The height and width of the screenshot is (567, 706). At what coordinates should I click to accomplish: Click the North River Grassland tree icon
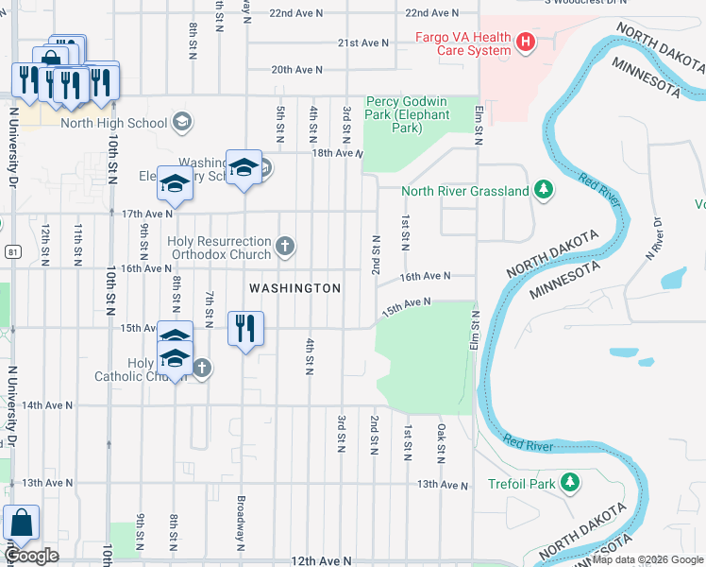(x=543, y=190)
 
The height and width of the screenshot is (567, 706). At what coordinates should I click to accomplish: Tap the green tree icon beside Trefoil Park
(x=569, y=483)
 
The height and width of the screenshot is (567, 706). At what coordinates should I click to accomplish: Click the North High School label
(x=114, y=123)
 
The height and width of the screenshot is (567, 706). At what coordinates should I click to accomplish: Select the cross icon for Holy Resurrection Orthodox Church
(x=285, y=248)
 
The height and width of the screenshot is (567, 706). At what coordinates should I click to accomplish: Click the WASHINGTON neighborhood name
(x=294, y=287)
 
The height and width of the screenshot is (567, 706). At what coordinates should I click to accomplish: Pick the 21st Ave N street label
(x=363, y=43)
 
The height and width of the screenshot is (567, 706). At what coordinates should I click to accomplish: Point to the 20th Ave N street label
(x=297, y=70)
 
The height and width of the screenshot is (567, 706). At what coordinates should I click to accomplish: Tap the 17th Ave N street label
(x=147, y=214)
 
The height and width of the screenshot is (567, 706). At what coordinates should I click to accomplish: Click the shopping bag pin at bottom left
(x=21, y=523)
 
